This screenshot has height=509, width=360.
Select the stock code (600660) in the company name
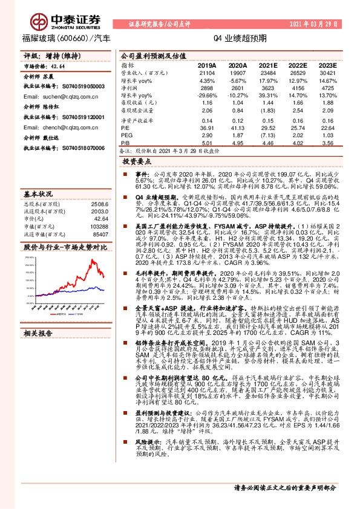pyautogui.click(x=74, y=38)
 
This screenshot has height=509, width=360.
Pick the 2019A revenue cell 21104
pyautogui.click(x=207, y=73)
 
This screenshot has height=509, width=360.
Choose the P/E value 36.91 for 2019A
pyautogui.click(x=207, y=128)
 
